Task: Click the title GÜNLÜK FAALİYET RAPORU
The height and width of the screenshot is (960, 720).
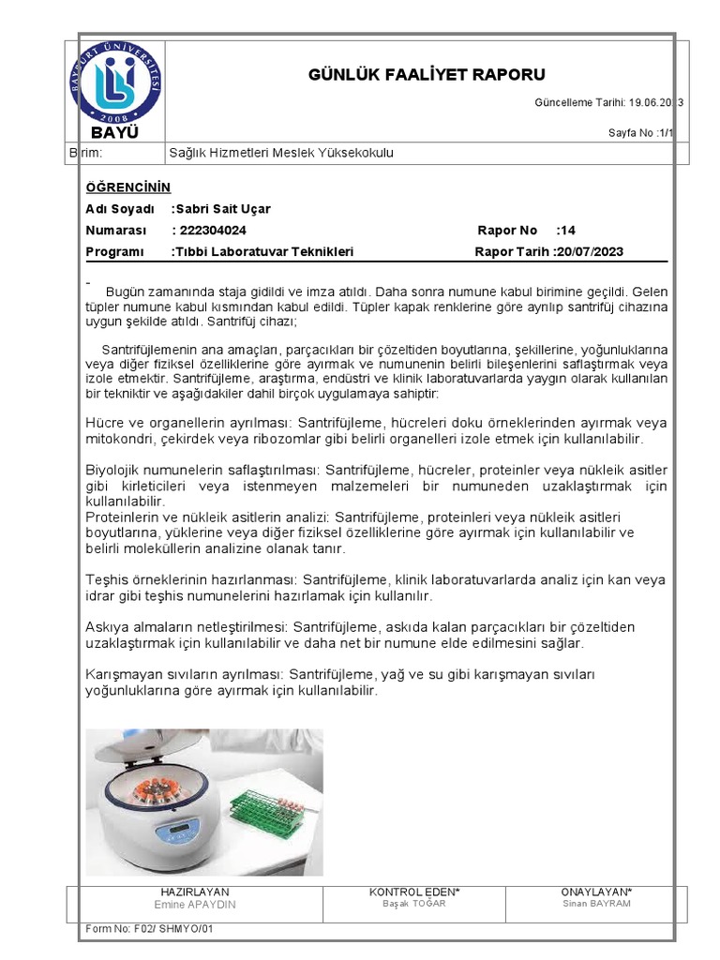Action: (427, 75)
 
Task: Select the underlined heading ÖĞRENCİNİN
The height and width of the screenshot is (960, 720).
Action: (128, 187)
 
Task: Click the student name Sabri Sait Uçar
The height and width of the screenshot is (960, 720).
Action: (222, 209)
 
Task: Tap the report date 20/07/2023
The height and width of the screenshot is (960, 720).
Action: (590, 251)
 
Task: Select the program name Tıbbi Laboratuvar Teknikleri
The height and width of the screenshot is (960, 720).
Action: (264, 251)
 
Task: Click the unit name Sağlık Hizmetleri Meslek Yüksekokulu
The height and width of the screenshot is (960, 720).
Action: (281, 152)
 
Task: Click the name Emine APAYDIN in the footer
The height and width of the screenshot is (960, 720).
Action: (195, 905)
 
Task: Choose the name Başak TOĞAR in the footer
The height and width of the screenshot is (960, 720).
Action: (414, 904)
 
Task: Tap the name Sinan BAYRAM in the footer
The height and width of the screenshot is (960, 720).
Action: (597, 904)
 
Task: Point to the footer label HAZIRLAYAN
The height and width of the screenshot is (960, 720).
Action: (195, 892)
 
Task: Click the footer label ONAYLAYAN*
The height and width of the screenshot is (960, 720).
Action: (597, 892)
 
